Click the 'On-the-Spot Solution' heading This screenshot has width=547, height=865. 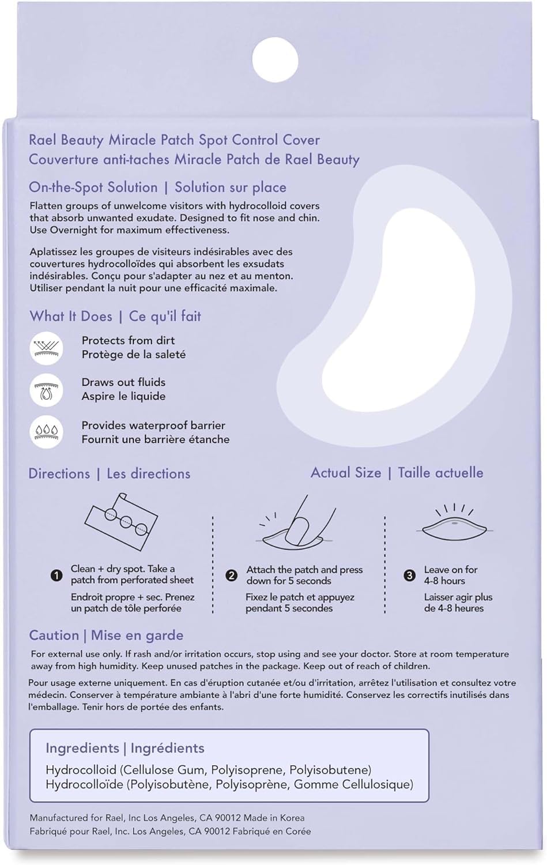point(93,187)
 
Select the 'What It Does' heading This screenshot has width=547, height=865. point(71,316)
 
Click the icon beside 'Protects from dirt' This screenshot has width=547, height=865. point(46,348)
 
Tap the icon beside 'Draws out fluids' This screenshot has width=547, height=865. point(46,390)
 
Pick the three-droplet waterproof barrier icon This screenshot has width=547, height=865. point(46,432)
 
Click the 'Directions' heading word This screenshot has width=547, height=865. point(59,474)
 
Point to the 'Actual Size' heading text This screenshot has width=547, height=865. point(346,473)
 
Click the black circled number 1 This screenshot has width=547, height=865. point(56,575)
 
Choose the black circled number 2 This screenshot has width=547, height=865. point(231,575)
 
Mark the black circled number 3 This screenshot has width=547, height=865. point(409,575)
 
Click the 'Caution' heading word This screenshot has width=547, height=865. point(54,635)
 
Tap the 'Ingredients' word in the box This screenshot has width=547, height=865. point(82,748)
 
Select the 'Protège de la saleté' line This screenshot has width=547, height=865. point(133,355)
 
